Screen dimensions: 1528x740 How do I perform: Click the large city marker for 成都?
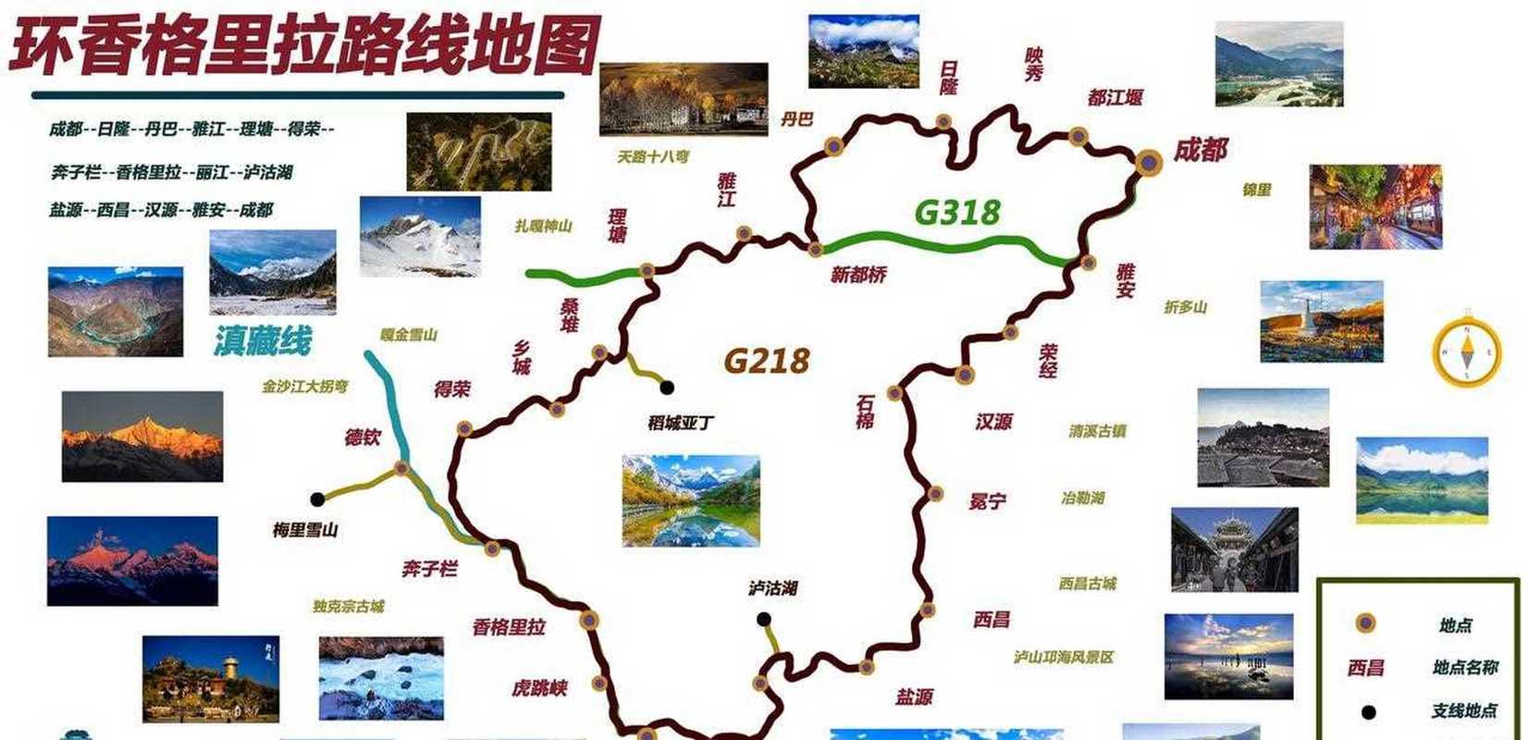tap(1149, 163)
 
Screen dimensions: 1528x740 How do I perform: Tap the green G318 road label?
tap(956, 213)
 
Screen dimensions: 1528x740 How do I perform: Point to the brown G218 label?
tap(766, 360)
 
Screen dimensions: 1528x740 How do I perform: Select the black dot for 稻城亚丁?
tap(666, 388)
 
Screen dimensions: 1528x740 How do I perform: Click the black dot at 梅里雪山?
tap(317, 499)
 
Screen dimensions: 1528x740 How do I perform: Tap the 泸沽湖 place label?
tap(772, 588)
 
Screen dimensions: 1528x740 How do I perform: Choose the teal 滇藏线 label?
tap(263, 340)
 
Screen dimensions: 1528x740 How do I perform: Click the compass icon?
tap(1467, 351)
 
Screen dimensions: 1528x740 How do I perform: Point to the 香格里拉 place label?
tap(509, 627)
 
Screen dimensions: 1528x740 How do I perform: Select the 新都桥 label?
tap(857, 275)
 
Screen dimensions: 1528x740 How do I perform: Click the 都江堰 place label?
tap(1115, 97)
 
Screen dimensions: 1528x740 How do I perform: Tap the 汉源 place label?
tap(993, 422)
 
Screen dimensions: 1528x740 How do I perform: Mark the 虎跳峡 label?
tap(539, 688)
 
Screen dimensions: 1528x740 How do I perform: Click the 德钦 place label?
tap(363, 437)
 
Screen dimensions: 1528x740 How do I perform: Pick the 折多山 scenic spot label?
tap(1185, 307)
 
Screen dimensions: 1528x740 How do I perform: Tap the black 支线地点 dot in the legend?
tap(1367, 712)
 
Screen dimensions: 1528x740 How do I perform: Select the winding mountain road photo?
tap(478, 152)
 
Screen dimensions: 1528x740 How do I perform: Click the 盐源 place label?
tap(913, 697)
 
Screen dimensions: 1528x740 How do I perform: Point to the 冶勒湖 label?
tap(1082, 498)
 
